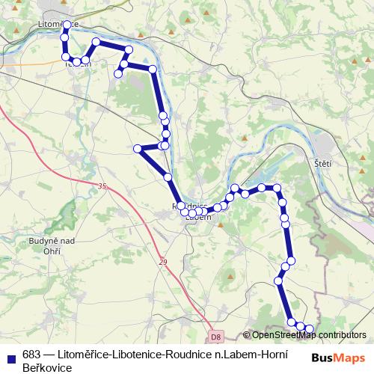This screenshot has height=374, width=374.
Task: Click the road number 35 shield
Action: pos(102,186)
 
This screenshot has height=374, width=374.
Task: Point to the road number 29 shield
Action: pos(163,262)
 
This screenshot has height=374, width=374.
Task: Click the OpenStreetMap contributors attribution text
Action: pos(309,335)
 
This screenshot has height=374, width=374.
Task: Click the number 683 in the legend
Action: pos(31,355)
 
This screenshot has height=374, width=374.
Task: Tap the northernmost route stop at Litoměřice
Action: pos(67,25)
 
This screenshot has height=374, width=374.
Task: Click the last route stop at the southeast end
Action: pos(310,329)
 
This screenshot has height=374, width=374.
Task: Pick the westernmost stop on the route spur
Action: pos(138,149)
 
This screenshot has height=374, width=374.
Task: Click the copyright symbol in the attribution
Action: pos(246,336)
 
